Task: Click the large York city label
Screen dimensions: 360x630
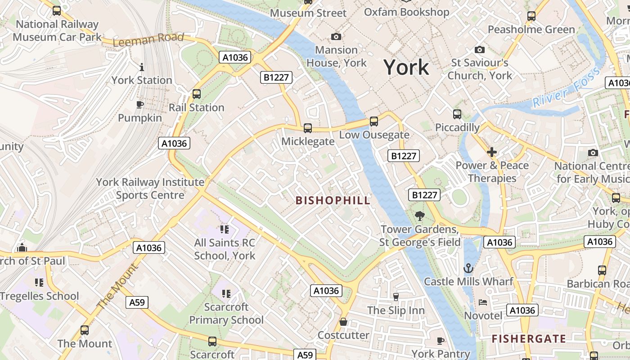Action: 406,67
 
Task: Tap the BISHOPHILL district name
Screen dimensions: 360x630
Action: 333,200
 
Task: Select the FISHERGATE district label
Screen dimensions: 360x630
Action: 528,338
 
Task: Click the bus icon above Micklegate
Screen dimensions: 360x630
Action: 308,128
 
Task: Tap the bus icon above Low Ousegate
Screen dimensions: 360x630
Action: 373,121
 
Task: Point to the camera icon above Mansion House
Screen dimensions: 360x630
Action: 336,36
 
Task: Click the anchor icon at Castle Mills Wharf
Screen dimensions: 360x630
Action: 468,268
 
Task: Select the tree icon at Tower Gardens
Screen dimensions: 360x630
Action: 420,216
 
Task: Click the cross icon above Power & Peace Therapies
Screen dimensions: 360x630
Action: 492,152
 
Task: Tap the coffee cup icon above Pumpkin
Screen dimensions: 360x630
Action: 140,104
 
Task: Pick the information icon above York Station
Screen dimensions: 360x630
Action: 142,67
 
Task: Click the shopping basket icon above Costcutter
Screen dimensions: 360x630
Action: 343,322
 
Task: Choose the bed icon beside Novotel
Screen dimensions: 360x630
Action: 483,302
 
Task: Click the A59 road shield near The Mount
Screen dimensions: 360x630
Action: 137,302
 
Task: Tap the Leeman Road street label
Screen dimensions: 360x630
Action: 148,40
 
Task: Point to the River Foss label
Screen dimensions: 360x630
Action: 566,87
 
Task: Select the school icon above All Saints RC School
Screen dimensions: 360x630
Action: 225,230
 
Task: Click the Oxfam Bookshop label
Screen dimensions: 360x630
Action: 406,12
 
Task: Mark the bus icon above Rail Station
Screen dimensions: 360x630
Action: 197,94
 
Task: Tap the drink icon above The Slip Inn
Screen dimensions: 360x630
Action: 396,297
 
